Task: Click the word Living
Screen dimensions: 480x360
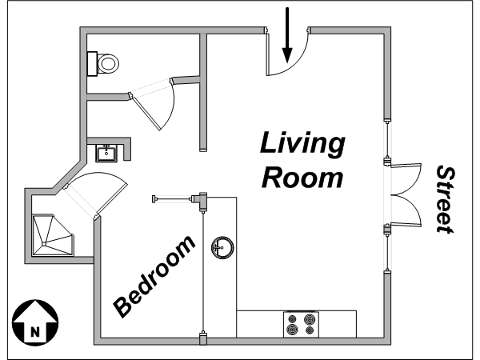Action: point(302,144)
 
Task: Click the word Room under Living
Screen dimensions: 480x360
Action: point(302,178)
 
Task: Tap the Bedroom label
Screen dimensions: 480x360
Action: point(154,276)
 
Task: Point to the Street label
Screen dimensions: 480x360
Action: point(445,199)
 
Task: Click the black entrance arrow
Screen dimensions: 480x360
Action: point(287,35)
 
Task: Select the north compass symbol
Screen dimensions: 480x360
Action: point(35,323)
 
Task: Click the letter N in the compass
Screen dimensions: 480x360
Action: point(35,332)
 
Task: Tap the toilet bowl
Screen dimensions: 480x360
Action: point(108,64)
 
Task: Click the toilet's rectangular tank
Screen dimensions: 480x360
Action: point(92,64)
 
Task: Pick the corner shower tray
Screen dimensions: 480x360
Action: point(53,234)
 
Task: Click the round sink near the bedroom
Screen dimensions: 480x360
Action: point(222,247)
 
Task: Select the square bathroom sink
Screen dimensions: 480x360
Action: point(106,153)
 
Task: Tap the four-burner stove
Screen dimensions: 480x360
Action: point(301,325)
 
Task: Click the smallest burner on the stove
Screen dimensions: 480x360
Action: point(310,330)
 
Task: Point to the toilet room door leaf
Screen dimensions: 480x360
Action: point(145,111)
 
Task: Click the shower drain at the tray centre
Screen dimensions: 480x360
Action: point(44,244)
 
